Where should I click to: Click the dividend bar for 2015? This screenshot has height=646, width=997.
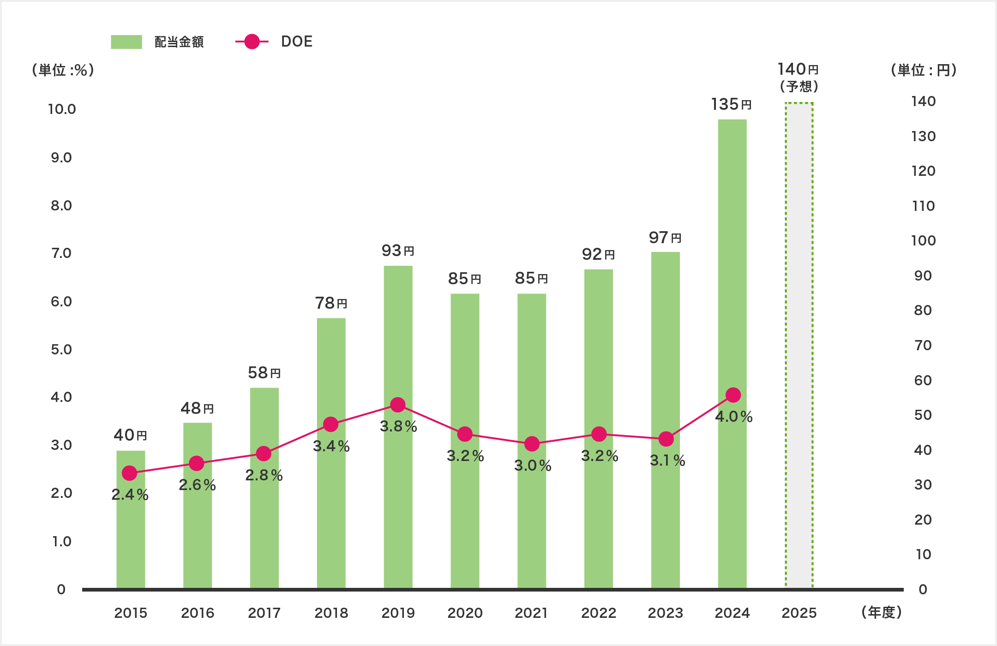[131, 519]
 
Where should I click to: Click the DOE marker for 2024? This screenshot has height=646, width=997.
[733, 395]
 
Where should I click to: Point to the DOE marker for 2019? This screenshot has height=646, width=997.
[397, 405]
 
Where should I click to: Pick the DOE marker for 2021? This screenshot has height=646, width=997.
[532, 444]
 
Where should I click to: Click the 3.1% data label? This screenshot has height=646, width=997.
[667, 461]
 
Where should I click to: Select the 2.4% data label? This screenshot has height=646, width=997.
[130, 495]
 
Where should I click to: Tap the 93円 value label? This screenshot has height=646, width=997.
[397, 251]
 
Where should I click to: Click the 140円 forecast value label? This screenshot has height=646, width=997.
[798, 70]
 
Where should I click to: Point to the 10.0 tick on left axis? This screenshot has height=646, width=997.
[62, 109]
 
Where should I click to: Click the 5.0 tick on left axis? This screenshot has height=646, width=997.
[61, 349]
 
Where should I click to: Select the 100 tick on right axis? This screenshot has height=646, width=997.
[923, 240]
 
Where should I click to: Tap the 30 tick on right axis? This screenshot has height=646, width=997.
[923, 484]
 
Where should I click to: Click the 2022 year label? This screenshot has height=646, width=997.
[599, 613]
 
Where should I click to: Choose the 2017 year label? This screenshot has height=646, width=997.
[264, 613]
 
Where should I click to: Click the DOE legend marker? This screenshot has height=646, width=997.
[252, 42]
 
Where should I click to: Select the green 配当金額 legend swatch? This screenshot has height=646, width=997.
[126, 42]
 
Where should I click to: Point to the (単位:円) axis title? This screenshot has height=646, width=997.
[923, 70]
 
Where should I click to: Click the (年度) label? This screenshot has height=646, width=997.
[881, 612]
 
